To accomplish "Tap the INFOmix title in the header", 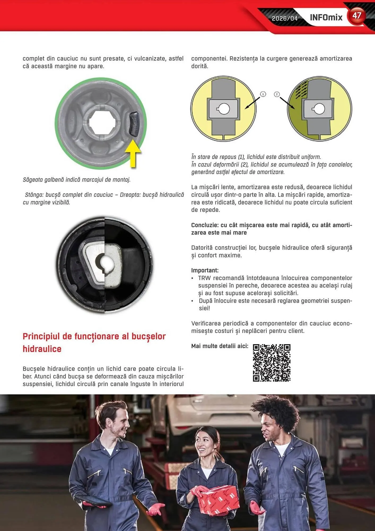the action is [326, 18].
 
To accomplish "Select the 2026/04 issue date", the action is [285, 18].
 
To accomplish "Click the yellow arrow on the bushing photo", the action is [133, 153].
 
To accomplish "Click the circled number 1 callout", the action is [263, 94].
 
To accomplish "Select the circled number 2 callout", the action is [277, 94].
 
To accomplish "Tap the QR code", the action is [272, 363].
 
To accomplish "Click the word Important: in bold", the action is [205, 270].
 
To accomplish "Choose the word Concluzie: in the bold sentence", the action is [205, 225].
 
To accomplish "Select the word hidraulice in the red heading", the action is [42, 349].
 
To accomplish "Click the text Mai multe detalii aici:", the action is [220, 346].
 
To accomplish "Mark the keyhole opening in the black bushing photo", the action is [105, 263].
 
